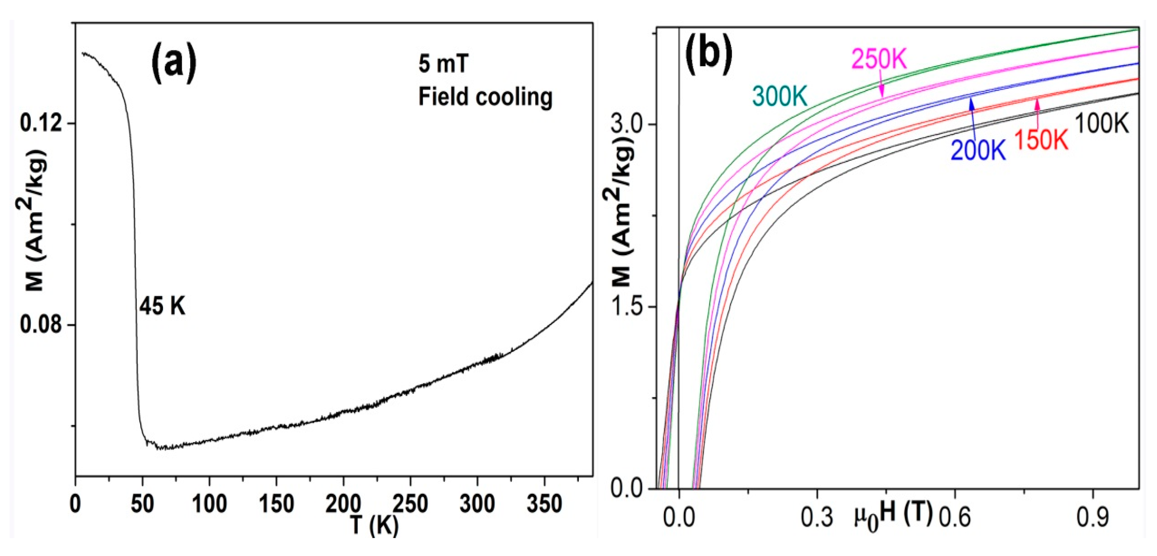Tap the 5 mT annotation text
(443, 64)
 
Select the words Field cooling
(485, 97)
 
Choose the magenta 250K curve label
(879, 60)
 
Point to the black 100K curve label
(1102, 124)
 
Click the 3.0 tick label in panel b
(627, 124)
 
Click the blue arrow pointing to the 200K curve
(972, 116)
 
